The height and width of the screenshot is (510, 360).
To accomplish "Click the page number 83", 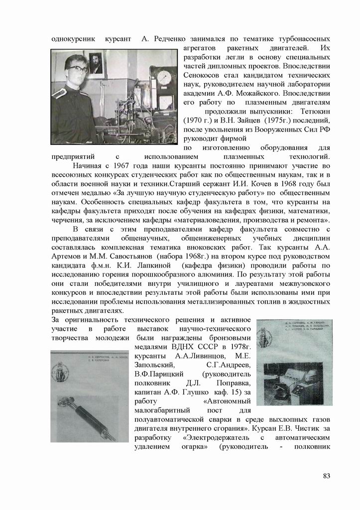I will pyautogui.click(x=326, y=476).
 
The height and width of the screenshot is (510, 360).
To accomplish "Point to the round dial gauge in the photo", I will pyautogui.click(x=163, y=78).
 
